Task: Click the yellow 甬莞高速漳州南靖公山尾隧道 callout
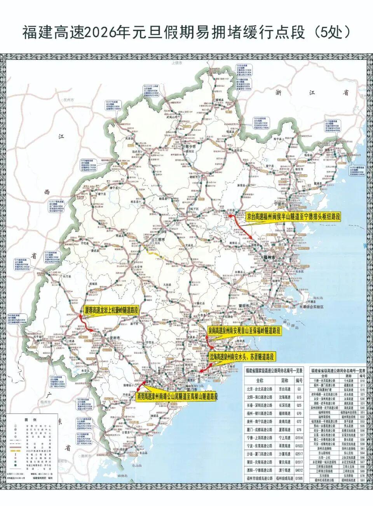pos(177,397)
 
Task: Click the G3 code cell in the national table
pos(298,389)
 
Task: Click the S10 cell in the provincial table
pos(362,381)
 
